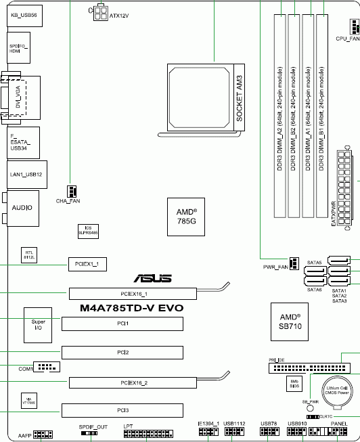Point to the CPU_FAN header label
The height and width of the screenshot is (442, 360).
[347, 39]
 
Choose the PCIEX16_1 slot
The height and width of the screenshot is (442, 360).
[133, 294]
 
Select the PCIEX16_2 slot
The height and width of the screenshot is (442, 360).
[133, 382]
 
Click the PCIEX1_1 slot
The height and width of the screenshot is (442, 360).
[85, 263]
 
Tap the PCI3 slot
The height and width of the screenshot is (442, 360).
[122, 410]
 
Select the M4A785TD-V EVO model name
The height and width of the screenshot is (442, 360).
[131, 308]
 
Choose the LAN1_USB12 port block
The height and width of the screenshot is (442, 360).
[26, 174]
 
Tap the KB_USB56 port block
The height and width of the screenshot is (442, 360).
[24, 14]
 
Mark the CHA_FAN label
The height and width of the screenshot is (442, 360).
[68, 201]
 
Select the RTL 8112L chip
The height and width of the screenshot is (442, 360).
[30, 255]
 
